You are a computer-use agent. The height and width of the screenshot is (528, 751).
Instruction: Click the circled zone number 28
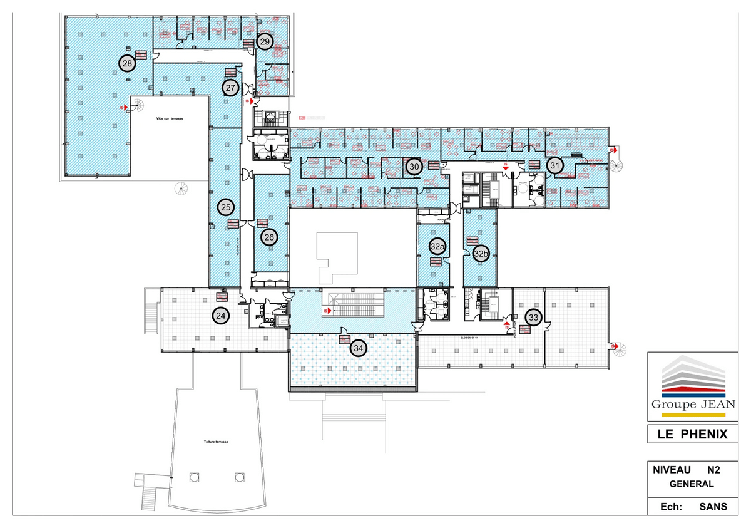tap(127, 63)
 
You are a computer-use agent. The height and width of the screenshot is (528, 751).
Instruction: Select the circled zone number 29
tap(265, 41)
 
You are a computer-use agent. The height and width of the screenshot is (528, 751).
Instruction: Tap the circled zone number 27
tap(230, 88)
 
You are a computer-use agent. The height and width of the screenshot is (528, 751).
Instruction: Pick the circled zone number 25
tap(226, 207)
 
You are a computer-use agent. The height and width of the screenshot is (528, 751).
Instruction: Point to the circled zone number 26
tap(269, 237)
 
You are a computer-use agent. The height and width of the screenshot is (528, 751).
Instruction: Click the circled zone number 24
tap(220, 316)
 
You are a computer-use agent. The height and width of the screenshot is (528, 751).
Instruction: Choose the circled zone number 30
tap(414, 167)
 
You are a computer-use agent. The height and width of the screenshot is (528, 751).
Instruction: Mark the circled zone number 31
tap(554, 165)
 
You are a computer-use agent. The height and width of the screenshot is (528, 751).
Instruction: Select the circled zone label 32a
tap(437, 247)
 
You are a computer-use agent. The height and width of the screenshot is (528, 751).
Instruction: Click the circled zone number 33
tap(533, 318)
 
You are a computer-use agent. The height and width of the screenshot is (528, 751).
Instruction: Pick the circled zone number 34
tap(358, 348)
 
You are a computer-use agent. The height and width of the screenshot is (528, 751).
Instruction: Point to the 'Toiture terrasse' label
tap(216, 442)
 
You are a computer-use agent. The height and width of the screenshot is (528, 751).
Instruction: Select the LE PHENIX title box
tap(692, 433)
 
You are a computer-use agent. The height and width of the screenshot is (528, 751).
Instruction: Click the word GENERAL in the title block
tap(692, 484)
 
